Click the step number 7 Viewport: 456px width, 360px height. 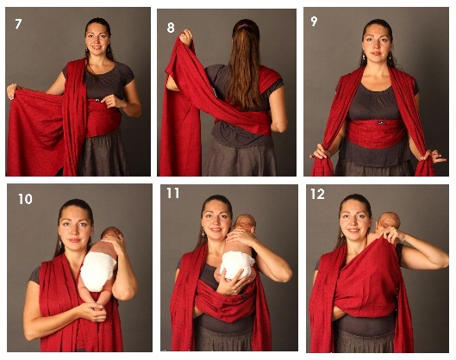(x=18, y=24)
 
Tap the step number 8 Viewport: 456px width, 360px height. (x=171, y=28)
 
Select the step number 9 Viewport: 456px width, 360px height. (x=314, y=22)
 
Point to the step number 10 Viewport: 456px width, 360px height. (x=25, y=199)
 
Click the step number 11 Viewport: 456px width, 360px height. (x=172, y=193)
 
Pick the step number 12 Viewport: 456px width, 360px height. (x=317, y=194)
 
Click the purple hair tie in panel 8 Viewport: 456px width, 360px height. (x=245, y=26)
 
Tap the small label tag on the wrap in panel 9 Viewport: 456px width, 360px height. (x=381, y=123)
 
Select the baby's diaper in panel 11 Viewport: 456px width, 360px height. (x=237, y=264)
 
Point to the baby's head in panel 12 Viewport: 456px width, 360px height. (x=389, y=221)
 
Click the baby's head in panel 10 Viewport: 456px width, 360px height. (x=112, y=234)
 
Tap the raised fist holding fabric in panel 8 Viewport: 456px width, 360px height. (x=186, y=37)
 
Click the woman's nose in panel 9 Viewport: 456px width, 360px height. (x=377, y=47)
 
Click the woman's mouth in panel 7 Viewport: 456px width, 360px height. (x=96, y=47)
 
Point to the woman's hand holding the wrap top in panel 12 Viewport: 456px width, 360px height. (x=390, y=235)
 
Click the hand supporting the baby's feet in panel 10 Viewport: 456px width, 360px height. (x=92, y=310)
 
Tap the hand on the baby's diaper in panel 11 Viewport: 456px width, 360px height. (x=230, y=282)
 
